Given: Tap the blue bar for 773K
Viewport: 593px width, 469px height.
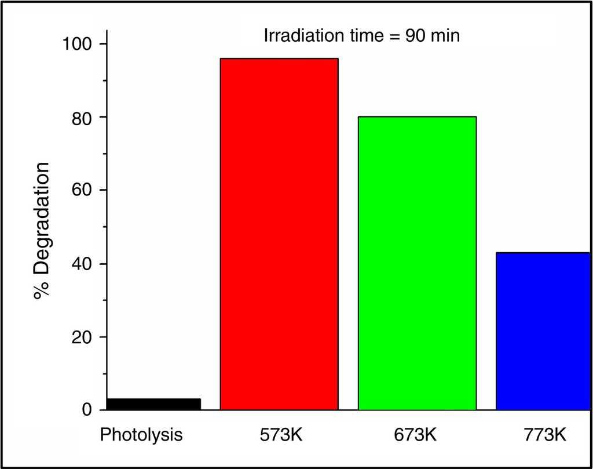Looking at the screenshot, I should [x=543, y=330].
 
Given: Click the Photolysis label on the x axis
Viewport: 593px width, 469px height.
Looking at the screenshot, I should [x=141, y=434].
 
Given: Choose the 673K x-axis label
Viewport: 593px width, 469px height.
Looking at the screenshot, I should [x=417, y=434].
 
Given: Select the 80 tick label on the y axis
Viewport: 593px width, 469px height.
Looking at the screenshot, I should [x=82, y=117].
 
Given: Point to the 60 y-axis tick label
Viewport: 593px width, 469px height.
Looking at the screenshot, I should [x=82, y=190].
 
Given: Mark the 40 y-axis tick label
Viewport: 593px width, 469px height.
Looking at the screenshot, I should [x=82, y=264].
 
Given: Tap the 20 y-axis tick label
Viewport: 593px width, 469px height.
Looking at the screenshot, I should [x=82, y=337].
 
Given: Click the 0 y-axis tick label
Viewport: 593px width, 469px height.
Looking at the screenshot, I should [x=87, y=410].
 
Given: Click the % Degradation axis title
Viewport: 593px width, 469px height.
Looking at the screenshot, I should [x=42, y=230].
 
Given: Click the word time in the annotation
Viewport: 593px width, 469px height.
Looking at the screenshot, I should [x=359, y=36].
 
